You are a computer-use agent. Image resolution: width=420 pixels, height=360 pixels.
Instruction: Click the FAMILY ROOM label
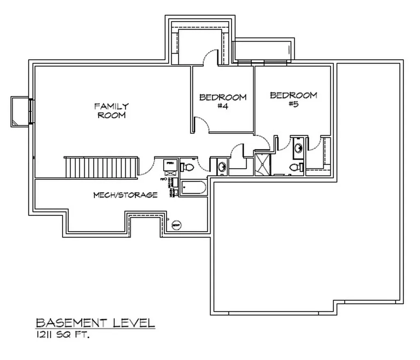pyautogui.click(x=111, y=111)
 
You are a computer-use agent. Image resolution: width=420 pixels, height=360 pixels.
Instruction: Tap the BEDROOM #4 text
pyautogui.click(x=223, y=101)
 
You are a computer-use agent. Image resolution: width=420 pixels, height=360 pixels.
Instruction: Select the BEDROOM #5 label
pyautogui.click(x=293, y=99)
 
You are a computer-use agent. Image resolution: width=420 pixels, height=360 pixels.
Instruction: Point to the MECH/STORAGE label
pyautogui.click(x=125, y=195)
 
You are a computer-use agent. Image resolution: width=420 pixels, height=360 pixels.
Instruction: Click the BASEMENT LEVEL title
pyautogui.click(x=95, y=323)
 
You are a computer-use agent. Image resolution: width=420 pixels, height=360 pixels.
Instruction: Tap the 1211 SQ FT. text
pyautogui.click(x=62, y=335)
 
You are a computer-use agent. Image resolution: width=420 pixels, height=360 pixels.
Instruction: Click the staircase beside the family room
pyautogui.click(x=100, y=167)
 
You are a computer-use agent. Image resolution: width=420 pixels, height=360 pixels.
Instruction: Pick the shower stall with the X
pyautogui.click(x=261, y=164)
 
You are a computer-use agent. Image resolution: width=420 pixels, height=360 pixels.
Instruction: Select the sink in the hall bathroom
pyautogui.click(x=221, y=167)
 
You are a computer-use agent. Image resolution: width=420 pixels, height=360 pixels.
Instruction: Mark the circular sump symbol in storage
pyautogui.click(x=176, y=225)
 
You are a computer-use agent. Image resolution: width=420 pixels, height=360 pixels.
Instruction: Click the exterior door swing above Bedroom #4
pyautogui.click(x=211, y=57)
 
